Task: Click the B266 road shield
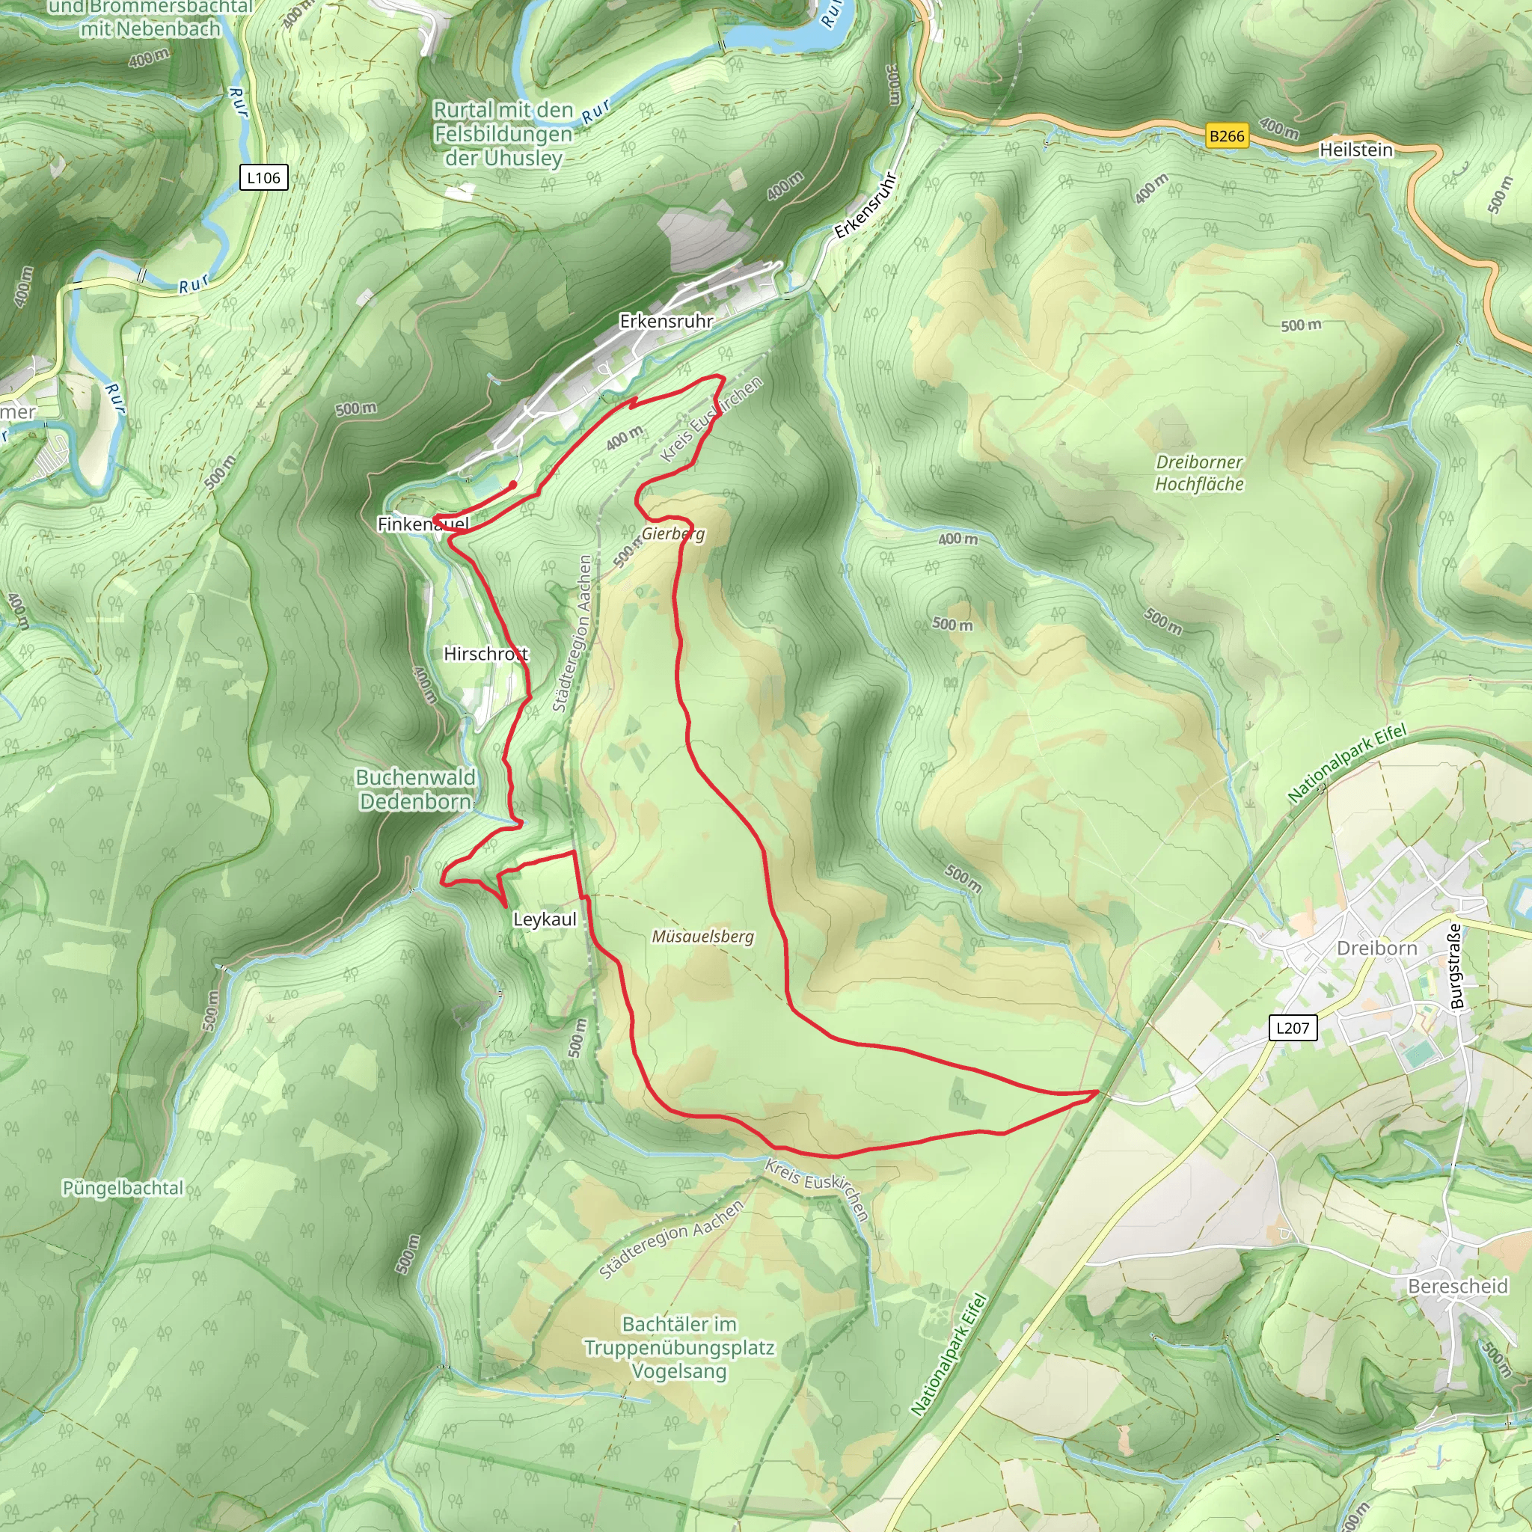point(1227,135)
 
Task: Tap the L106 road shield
point(263,177)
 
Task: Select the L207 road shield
point(1292,1028)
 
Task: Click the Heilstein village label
point(1355,149)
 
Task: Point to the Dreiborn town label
point(1376,948)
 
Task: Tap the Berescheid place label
point(1457,1285)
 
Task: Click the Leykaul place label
point(545,919)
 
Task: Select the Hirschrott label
point(485,653)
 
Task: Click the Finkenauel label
point(423,524)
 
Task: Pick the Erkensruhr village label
point(666,321)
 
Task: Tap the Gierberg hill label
point(673,533)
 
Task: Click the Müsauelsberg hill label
point(702,937)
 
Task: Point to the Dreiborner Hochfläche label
point(1199,473)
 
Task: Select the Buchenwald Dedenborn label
point(415,789)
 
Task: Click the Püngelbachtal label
point(123,1188)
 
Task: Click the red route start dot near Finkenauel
point(513,485)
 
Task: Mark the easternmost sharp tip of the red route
point(1098,1092)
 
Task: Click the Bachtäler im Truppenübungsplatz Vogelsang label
point(679,1347)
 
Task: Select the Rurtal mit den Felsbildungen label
point(503,133)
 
